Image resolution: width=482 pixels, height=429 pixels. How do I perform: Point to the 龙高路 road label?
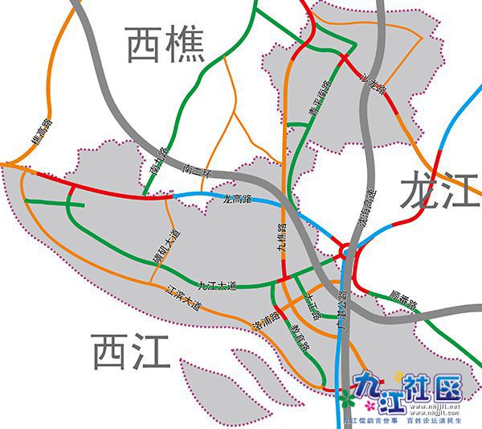[234, 197]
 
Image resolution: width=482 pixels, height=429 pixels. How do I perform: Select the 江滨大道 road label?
[181, 297]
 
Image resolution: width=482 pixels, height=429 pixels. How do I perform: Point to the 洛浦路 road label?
[266, 321]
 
